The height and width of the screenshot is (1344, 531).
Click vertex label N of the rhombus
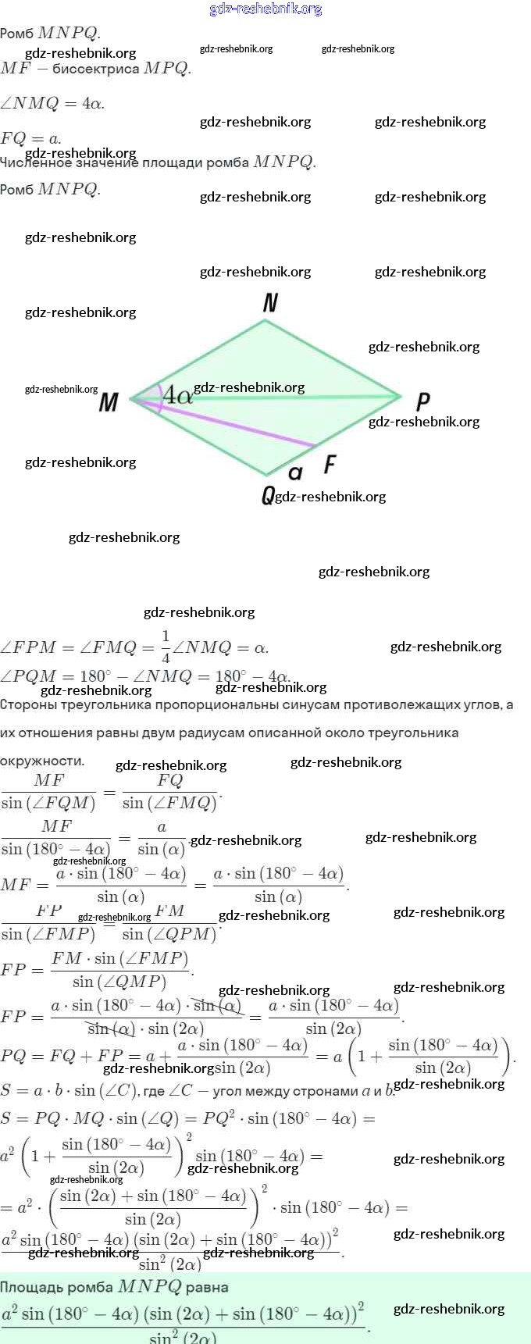[x=270, y=303]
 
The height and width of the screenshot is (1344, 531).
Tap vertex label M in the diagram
[x=109, y=402]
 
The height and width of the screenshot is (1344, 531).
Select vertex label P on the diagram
[x=422, y=401]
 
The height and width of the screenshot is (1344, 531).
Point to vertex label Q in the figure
[x=268, y=495]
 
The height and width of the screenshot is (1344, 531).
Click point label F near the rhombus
[x=330, y=465]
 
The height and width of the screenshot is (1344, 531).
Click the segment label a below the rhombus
[x=295, y=472]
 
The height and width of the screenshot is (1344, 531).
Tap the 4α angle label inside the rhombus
[x=177, y=395]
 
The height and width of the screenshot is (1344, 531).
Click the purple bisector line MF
[x=234, y=426]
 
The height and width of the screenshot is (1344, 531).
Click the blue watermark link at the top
[x=265, y=9]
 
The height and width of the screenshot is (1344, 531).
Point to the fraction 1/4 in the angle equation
[x=166, y=647]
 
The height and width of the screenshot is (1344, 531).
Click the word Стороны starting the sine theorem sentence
[x=29, y=704]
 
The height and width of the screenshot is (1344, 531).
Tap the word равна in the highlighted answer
[x=207, y=1287]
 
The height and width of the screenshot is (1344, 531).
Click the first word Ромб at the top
[x=16, y=34]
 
